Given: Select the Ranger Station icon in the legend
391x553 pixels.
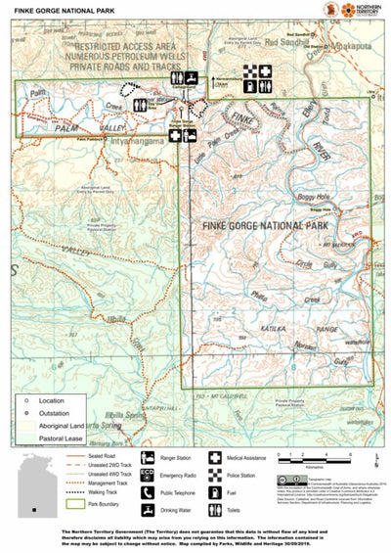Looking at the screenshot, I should (147, 457).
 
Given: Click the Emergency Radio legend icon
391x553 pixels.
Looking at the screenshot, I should (147, 475).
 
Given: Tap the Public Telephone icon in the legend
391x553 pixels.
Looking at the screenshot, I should (147, 492).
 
